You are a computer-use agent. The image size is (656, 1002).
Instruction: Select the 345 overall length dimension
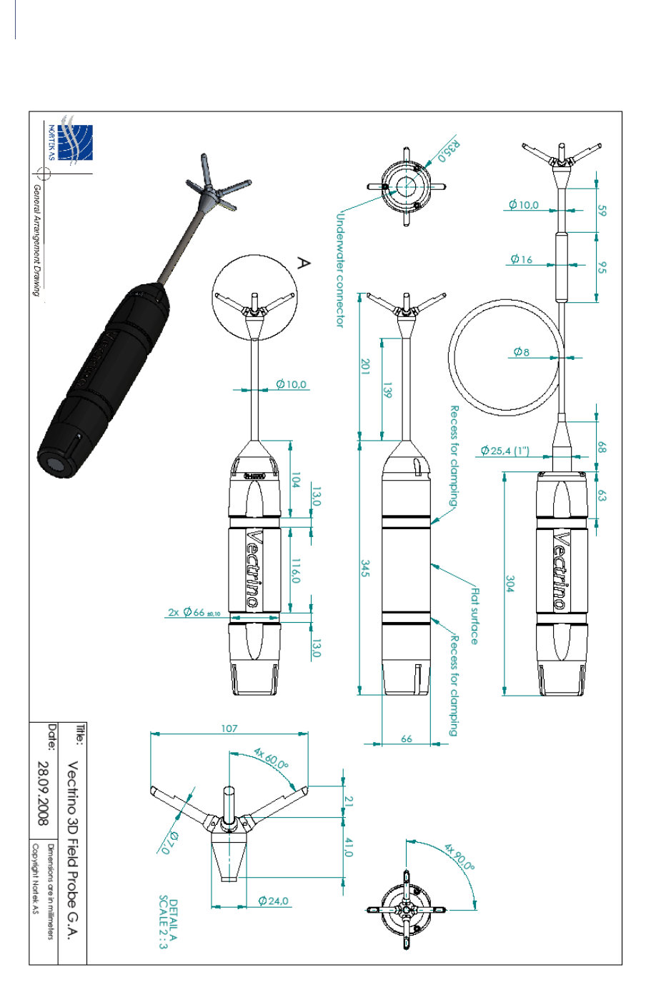pos(365,569)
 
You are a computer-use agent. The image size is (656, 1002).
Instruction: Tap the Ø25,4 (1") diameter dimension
pos(505,451)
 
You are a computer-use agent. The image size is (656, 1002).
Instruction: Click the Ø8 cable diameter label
pos(521,351)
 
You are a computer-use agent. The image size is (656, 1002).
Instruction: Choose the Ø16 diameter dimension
pos(521,259)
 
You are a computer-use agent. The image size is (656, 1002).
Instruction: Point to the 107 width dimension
pos(229,728)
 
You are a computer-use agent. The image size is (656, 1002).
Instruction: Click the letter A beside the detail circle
pos(303,264)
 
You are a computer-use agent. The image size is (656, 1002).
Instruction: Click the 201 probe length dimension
pos(365,367)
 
